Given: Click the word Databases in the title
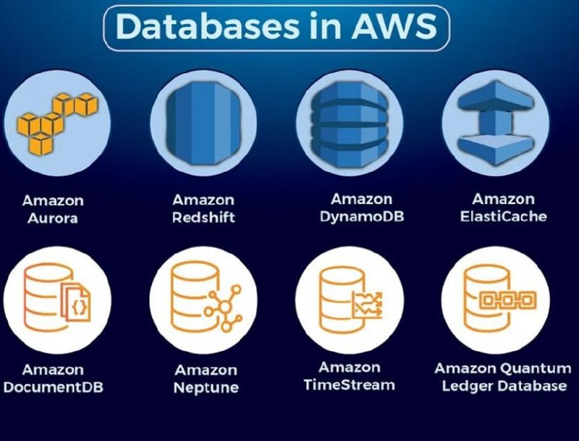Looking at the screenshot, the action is [207, 27].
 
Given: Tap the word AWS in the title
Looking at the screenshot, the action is [394, 27].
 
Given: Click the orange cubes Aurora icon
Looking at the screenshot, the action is [57, 124].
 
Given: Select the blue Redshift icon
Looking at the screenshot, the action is [203, 123].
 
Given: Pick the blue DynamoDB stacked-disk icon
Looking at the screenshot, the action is [349, 124].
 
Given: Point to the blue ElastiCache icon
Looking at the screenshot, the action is [496, 122].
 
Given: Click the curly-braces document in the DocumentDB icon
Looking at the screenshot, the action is [76, 301].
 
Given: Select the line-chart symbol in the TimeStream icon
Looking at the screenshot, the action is [368, 304].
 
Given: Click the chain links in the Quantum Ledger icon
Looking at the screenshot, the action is [508, 300].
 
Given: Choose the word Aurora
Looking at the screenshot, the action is [53, 218].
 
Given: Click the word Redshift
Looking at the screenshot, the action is [203, 217].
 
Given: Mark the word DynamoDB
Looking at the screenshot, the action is [362, 217].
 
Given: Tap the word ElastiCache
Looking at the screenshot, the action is [503, 216].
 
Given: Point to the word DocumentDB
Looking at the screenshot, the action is [53, 388].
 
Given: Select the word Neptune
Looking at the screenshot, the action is [206, 388].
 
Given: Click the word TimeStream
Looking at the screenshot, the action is [350, 385].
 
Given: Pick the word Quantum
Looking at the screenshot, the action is [536, 368].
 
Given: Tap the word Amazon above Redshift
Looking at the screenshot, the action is [203, 200].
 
